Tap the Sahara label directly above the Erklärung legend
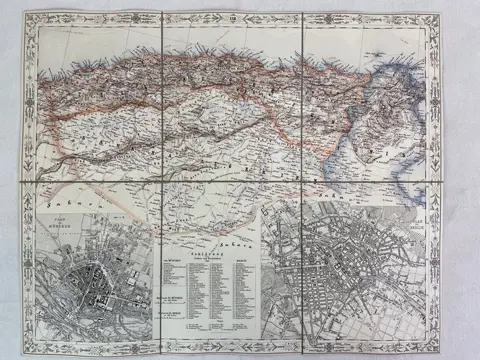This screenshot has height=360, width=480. tap(205, 241)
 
